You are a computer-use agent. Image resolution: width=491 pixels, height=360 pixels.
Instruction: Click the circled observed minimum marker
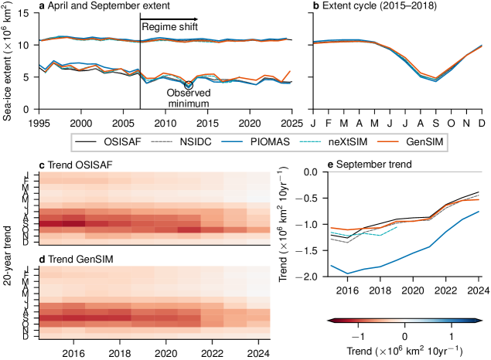click(189, 86)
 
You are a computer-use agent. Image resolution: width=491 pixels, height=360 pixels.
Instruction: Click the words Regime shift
click(169, 28)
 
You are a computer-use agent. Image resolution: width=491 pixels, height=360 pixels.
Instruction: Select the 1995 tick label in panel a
click(39, 124)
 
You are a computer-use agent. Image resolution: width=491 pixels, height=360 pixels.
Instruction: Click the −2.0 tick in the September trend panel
click(295, 277)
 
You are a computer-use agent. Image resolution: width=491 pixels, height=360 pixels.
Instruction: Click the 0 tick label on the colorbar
click(404, 337)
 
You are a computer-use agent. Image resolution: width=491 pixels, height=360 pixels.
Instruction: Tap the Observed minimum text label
click(190, 97)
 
